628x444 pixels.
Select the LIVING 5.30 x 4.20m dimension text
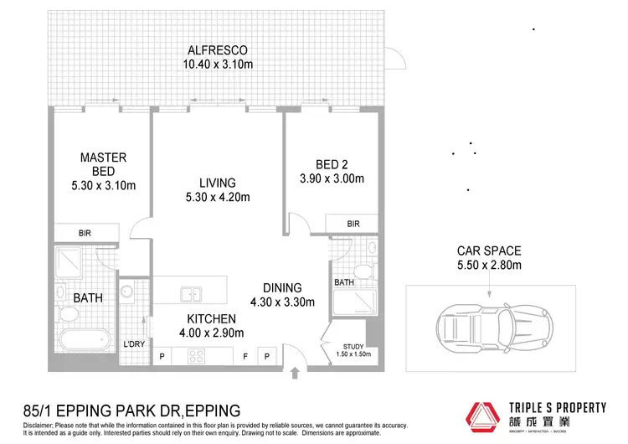(217, 198)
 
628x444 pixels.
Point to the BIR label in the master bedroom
(85, 234)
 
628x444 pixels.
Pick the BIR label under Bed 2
(353, 224)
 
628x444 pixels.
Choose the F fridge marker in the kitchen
(245, 356)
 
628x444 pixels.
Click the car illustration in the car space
(489, 323)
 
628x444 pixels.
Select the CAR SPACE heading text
(489, 250)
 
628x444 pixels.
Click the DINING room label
(281, 288)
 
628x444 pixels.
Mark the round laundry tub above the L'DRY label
(127, 292)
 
